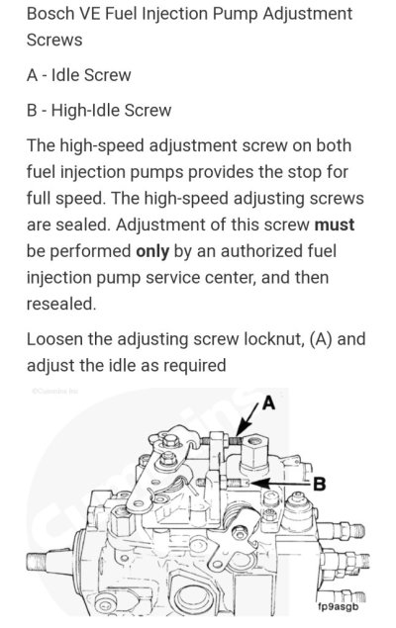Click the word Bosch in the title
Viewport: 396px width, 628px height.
[x=50, y=14]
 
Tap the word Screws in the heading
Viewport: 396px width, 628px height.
[x=54, y=40]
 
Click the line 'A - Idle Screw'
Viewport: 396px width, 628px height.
[x=79, y=75]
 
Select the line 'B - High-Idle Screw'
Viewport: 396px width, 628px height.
[x=99, y=110]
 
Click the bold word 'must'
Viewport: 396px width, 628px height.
[x=335, y=224]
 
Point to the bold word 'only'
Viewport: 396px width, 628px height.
[x=152, y=251]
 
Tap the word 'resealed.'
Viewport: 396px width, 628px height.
[x=61, y=304]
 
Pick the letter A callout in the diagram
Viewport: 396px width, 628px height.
[x=268, y=403]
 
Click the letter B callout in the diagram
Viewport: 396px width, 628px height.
[x=319, y=485]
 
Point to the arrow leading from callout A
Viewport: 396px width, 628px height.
[x=247, y=420]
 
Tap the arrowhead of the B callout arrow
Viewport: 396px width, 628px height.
[x=254, y=484]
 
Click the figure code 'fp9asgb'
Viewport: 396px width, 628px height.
[x=338, y=607]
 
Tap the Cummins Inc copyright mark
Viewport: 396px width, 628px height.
[x=55, y=391]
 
